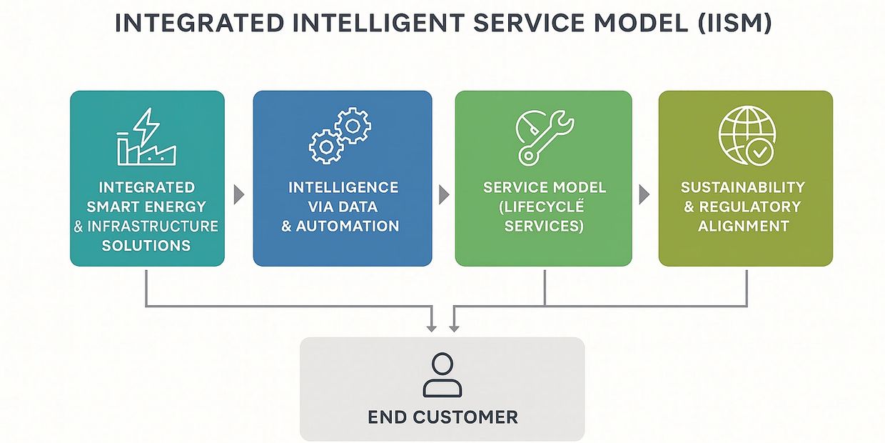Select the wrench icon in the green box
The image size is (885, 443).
coord(544,136)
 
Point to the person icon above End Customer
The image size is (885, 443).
coord(442,374)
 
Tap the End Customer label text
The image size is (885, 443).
coord(442,417)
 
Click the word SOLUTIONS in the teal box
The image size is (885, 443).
coord(146,246)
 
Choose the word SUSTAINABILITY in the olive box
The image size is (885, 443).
coord(743,187)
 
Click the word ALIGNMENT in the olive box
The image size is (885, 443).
coord(744,227)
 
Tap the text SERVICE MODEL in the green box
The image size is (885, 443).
coord(545,188)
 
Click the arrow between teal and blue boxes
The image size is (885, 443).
coord(239,194)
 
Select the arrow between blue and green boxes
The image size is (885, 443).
coord(444,194)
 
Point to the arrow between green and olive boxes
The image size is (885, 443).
coord(644,194)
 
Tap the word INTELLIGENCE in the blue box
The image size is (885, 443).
coord(343,187)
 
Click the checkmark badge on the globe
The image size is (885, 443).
coord(759,152)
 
